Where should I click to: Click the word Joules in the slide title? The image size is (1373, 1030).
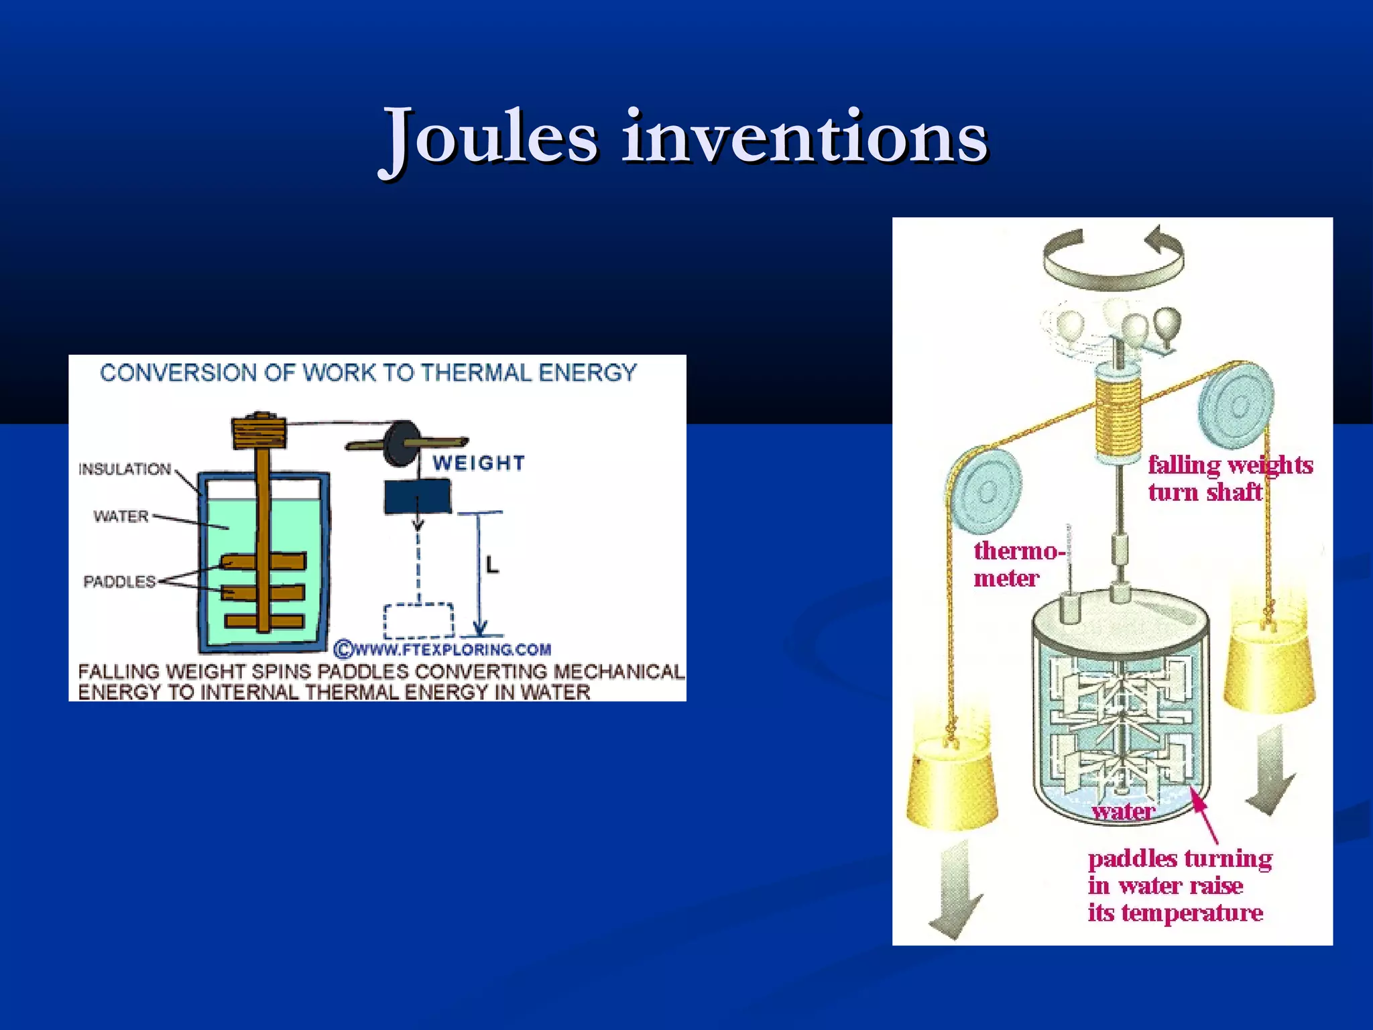[x=489, y=137]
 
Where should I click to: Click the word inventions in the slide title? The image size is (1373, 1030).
[x=804, y=137]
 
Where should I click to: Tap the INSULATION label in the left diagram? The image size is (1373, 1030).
[x=125, y=469]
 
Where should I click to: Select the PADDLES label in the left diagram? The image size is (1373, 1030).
[x=119, y=581]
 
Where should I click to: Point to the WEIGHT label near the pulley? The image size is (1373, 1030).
[x=479, y=463]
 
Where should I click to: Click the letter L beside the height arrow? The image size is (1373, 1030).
[x=493, y=565]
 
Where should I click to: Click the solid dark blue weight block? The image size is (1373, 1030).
[x=417, y=498]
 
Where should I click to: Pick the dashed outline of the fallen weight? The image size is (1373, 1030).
[x=418, y=620]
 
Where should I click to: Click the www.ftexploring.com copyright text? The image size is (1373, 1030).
[x=443, y=649]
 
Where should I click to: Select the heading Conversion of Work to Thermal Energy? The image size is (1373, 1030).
[x=368, y=373]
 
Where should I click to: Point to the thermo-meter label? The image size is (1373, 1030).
[x=1016, y=564]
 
